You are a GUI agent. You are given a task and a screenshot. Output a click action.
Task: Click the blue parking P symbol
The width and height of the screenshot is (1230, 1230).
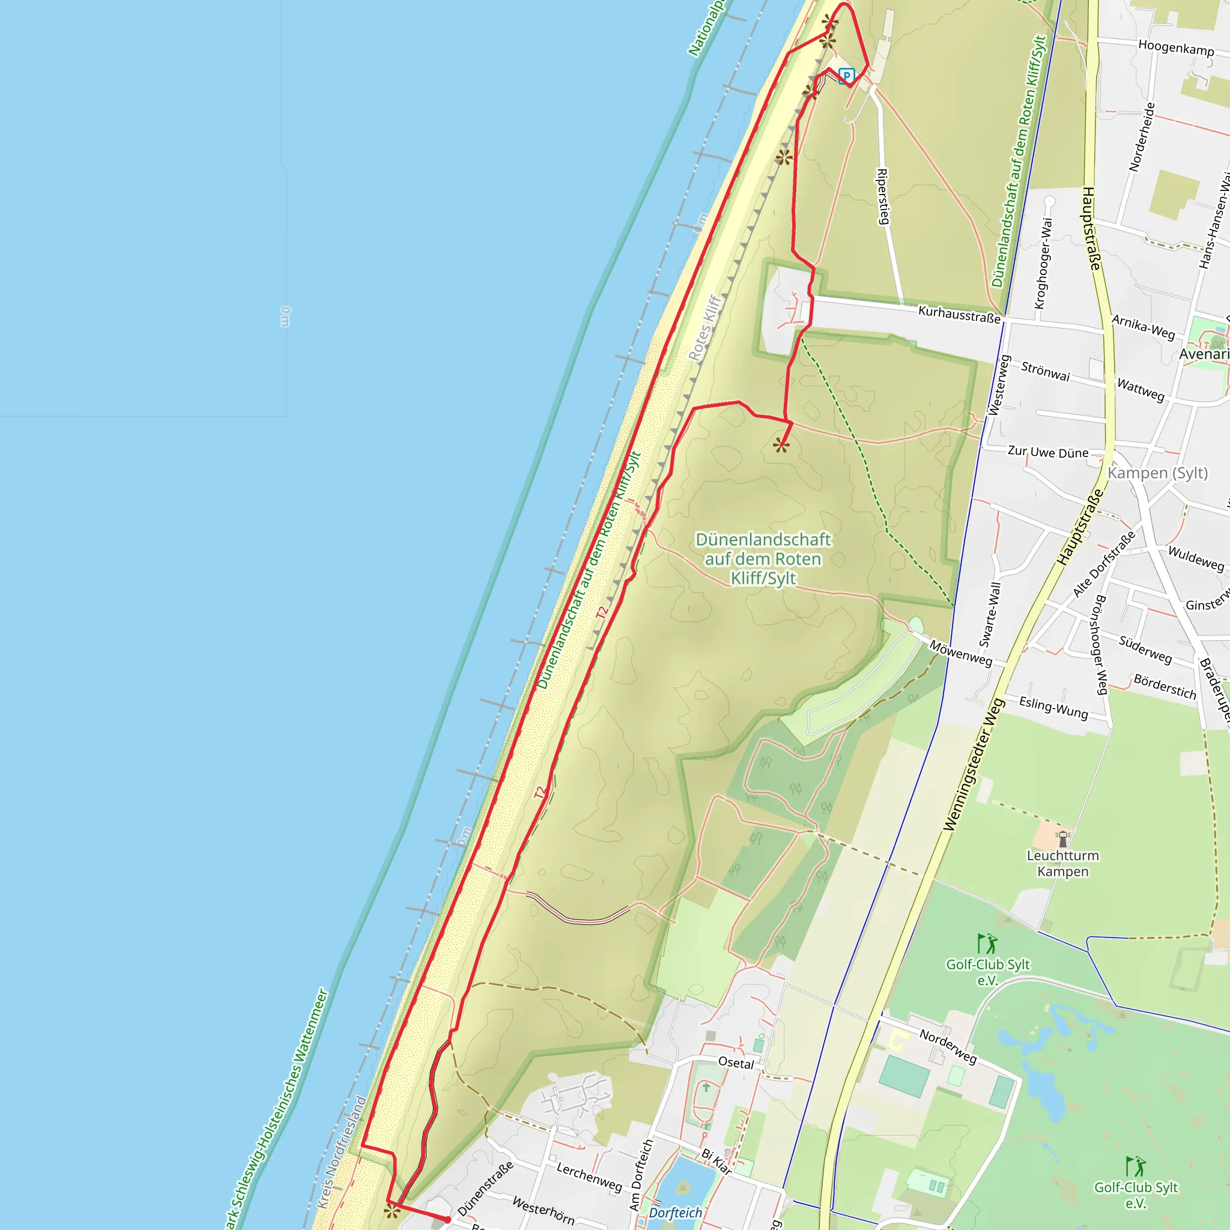pos(846,76)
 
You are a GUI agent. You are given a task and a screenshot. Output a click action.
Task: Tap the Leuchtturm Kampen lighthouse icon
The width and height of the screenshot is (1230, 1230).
pos(1062,838)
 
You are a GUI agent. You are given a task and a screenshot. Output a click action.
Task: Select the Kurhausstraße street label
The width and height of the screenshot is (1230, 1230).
pos(959,314)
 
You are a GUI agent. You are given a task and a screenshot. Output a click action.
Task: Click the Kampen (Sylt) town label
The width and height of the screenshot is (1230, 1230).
pos(1157,473)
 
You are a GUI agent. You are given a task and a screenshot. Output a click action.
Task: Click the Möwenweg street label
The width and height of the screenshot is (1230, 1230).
pos(961,653)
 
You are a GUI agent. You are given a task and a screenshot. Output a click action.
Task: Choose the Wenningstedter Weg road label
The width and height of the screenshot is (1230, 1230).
pos(974,765)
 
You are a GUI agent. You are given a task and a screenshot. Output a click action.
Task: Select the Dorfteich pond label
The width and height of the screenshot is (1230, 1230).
pos(676,1212)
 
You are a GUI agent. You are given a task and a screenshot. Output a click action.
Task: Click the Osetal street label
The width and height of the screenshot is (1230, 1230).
pos(736,1062)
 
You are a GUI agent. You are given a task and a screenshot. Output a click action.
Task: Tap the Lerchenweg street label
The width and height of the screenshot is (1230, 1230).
pos(589,1177)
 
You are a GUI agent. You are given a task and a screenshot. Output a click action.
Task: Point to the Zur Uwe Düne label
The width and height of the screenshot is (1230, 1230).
pos(1048,452)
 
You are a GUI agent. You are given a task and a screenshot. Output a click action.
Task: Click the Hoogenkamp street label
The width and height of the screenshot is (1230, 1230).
pos(1176,48)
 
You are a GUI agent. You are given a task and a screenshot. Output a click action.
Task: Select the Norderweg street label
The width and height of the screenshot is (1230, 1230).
pos(947,1047)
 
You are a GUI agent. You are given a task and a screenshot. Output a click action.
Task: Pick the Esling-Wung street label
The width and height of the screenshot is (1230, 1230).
pos(1053,707)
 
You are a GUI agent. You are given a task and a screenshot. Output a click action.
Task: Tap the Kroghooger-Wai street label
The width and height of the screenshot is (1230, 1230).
pos(1041,263)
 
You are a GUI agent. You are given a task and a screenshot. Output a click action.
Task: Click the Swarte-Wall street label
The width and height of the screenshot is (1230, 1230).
pos(990,614)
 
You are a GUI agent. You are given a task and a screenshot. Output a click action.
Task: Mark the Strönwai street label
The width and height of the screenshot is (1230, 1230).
pos(1046,371)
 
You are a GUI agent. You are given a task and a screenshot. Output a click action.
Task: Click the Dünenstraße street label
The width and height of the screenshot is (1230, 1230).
pos(485,1188)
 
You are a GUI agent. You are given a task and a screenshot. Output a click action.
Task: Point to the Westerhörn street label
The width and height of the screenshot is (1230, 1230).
pos(543,1210)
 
